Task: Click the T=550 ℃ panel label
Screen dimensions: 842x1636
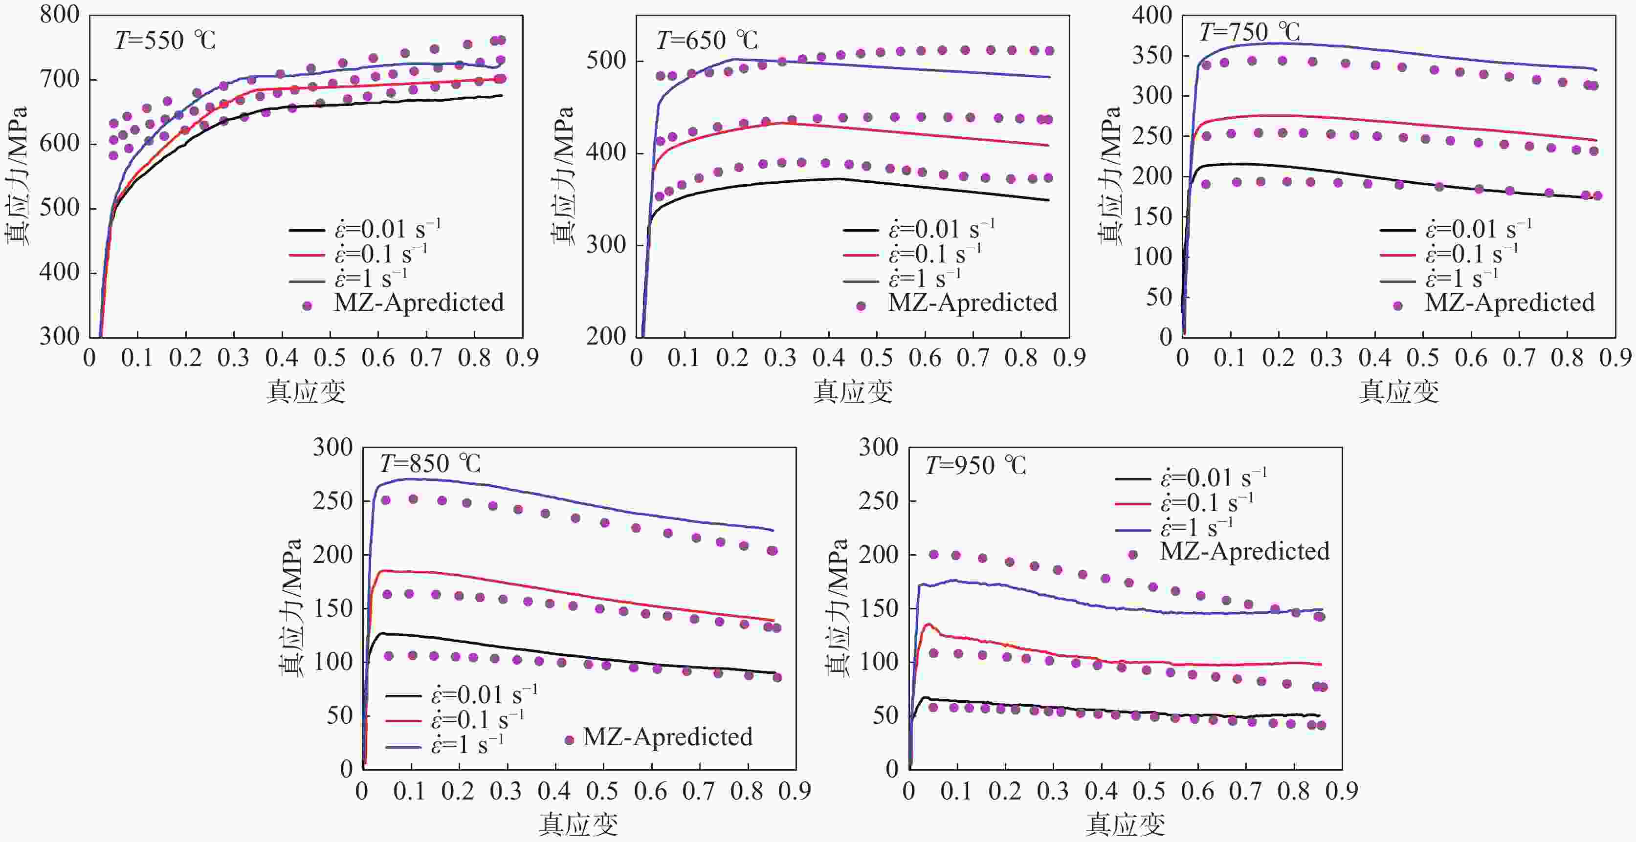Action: point(165,41)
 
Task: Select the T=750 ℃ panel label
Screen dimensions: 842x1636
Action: point(1249,32)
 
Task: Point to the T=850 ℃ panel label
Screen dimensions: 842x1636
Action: point(430,464)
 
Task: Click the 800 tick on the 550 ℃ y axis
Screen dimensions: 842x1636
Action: point(60,15)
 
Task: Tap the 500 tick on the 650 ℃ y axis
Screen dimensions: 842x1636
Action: point(606,62)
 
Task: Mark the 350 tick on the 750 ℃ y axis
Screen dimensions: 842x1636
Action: point(1151,56)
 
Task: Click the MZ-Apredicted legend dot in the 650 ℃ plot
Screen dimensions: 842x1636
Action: point(861,306)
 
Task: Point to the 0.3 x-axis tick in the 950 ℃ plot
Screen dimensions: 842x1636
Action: point(1052,792)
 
